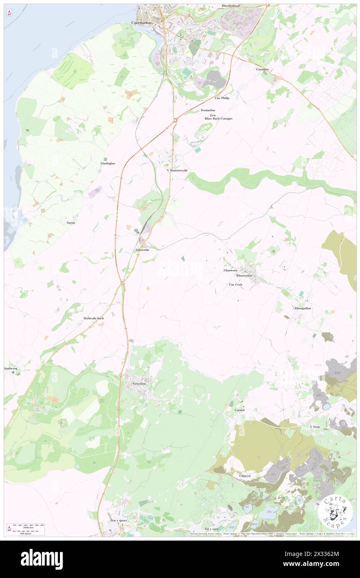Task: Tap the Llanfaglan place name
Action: pyautogui.click(x=108, y=163)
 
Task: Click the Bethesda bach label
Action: pyautogui.click(x=94, y=318)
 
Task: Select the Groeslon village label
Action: pyautogui.click(x=139, y=383)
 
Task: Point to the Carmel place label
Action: pyautogui.click(x=239, y=410)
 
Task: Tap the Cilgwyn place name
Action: pyautogui.click(x=245, y=476)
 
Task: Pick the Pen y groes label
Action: pyautogui.click(x=118, y=521)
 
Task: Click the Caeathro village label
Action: pyautogui.click(x=264, y=69)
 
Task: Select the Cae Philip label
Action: pyautogui.click(x=222, y=98)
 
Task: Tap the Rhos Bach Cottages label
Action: pyautogui.click(x=218, y=119)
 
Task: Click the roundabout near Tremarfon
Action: pyautogui.click(x=175, y=120)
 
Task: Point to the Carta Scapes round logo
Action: pyautogui.click(x=335, y=511)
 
